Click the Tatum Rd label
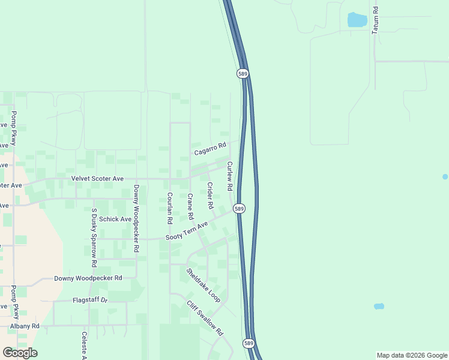(375, 20)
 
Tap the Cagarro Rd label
(209, 149)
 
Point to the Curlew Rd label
(229, 176)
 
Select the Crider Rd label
(210, 196)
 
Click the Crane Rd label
(190, 206)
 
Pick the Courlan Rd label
(170, 208)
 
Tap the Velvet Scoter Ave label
(97, 179)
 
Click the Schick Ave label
(115, 219)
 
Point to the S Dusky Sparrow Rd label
(94, 238)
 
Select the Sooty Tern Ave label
(186, 231)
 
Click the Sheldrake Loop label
(203, 284)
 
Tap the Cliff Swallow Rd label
(204, 318)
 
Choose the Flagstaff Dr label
(89, 300)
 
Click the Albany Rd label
(25, 326)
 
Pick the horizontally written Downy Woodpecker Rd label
(88, 278)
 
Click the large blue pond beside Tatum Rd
(357, 20)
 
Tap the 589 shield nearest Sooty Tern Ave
(240, 208)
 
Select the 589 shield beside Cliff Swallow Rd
(249, 343)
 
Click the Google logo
(20, 353)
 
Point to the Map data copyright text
(411, 355)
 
